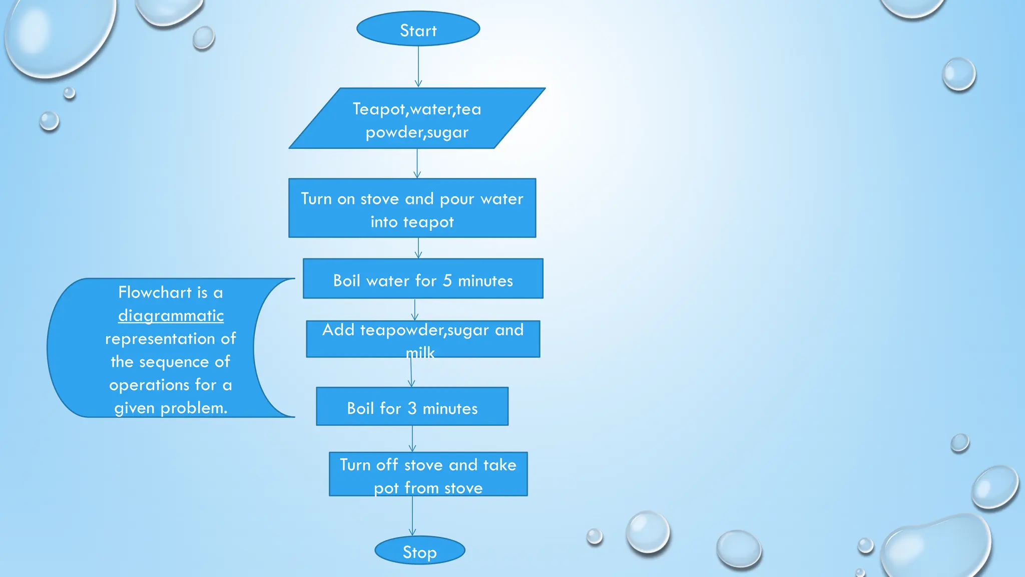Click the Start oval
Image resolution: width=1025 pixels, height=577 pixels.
418,29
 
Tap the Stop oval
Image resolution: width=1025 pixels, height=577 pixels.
419,550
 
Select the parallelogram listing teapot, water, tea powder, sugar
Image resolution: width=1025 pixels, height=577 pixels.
417,119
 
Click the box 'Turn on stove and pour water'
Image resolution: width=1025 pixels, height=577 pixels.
412,208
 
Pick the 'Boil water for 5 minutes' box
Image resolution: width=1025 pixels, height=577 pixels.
423,279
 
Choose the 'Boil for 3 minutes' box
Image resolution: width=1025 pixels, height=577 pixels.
412,407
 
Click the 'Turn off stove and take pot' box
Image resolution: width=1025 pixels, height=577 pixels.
428,474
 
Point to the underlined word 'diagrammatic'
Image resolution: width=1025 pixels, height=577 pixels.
171,316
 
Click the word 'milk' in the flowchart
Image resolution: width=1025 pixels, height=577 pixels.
420,353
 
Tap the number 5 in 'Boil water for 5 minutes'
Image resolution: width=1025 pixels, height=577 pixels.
447,280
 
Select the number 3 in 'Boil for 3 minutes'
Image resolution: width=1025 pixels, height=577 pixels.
412,408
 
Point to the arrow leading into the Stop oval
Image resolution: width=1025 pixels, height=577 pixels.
412,516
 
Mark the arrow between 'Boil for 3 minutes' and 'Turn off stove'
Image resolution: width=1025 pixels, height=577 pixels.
412,439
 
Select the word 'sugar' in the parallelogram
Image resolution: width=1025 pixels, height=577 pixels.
447,133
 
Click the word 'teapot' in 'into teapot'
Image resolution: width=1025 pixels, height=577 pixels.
428,222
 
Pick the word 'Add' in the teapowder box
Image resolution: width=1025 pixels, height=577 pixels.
338,330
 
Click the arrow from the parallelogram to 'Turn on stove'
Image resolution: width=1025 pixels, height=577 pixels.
417,163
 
